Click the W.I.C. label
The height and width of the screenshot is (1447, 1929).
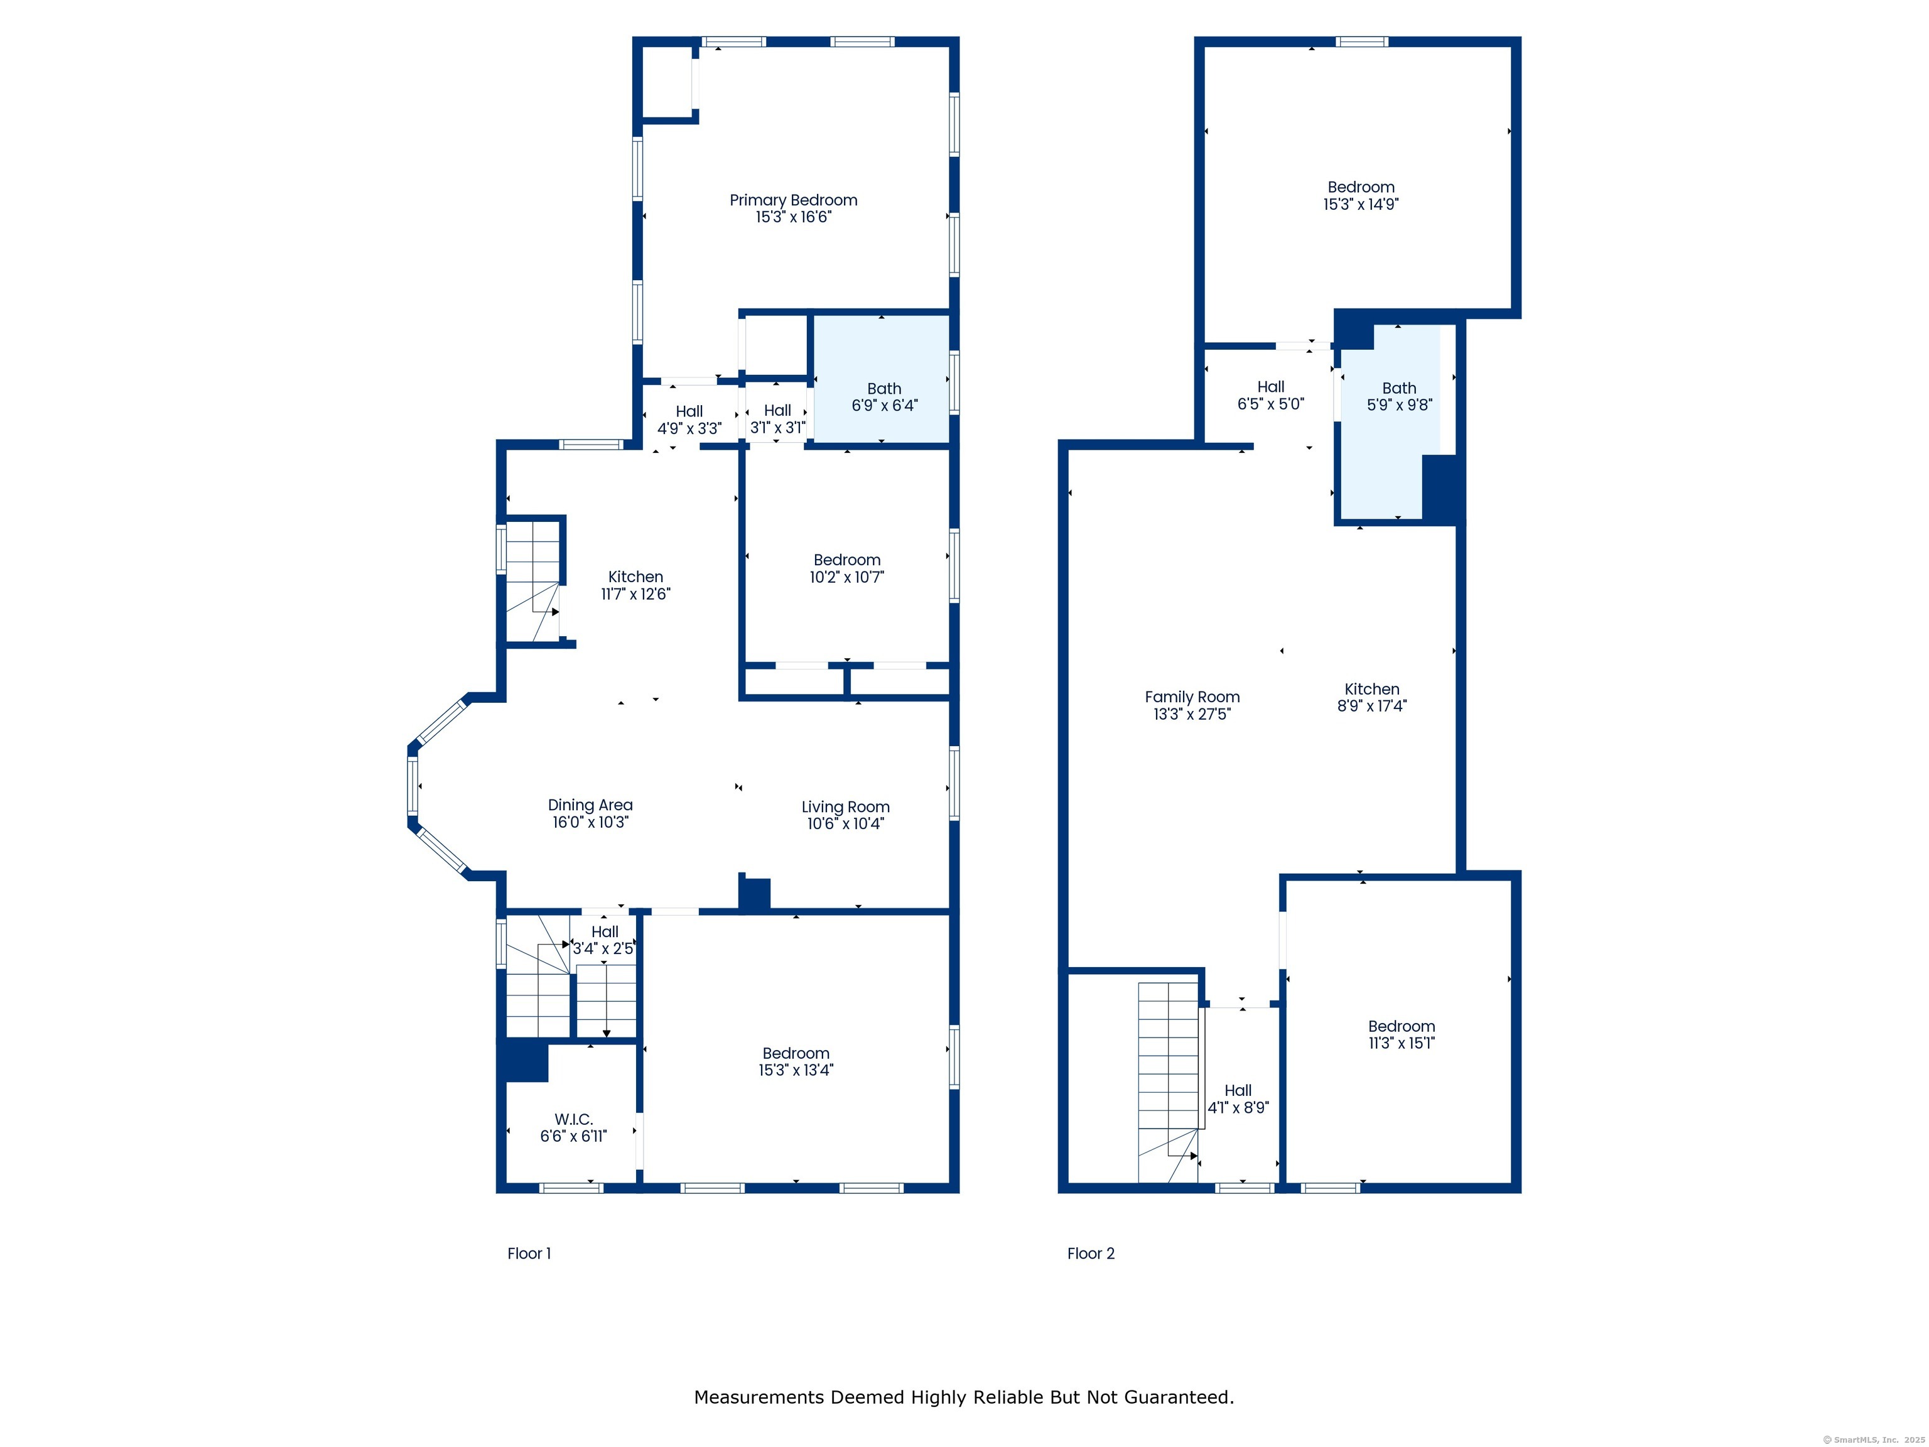573,1119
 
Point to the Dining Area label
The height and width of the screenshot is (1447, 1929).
590,805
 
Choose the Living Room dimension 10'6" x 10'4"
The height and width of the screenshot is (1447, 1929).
845,823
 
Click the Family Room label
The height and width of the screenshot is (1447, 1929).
1192,697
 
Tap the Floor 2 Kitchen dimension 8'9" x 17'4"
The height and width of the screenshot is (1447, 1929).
1372,706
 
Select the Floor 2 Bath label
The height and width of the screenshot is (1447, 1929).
1399,388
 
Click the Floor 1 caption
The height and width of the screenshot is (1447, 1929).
529,1254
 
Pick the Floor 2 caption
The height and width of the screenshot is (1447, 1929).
1091,1254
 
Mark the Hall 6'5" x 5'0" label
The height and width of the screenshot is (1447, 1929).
1270,395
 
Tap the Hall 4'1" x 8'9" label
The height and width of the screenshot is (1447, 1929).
1238,1099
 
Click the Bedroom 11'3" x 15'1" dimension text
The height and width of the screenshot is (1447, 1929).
1402,1043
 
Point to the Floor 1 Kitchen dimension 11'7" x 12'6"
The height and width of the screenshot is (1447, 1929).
635,594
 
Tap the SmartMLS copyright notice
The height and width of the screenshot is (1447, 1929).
1874,1440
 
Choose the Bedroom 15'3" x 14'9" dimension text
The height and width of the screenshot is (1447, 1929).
1361,204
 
